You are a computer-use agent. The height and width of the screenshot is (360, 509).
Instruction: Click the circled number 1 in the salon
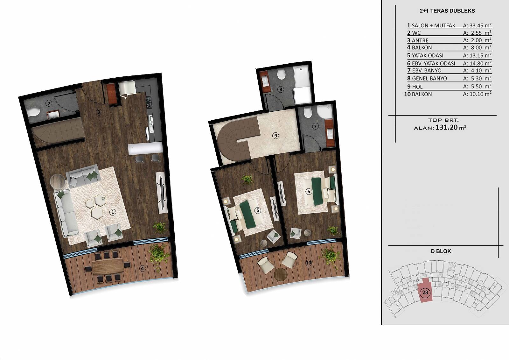coord(113,212)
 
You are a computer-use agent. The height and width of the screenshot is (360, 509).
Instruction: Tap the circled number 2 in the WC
coord(49,103)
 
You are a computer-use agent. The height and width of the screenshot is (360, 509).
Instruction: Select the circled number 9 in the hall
coord(275,136)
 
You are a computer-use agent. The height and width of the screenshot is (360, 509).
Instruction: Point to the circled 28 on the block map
coord(425,293)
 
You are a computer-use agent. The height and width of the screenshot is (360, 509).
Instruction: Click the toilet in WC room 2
coord(33,112)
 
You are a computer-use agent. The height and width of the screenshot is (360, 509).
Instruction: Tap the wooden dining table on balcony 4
coord(108,266)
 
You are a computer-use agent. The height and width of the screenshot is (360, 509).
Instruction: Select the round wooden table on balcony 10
coord(281,274)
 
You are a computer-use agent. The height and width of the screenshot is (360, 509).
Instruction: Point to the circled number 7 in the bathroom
coord(315,126)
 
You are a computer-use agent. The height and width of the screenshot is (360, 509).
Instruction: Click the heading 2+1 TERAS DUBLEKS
coord(447,11)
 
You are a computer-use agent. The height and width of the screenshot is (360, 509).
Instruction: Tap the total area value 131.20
coord(446,127)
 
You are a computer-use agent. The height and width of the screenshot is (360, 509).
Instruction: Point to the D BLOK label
coord(441,251)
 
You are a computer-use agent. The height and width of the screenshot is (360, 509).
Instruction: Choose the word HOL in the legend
coord(417,87)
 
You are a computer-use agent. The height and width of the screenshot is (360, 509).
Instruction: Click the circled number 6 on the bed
coord(308,192)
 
